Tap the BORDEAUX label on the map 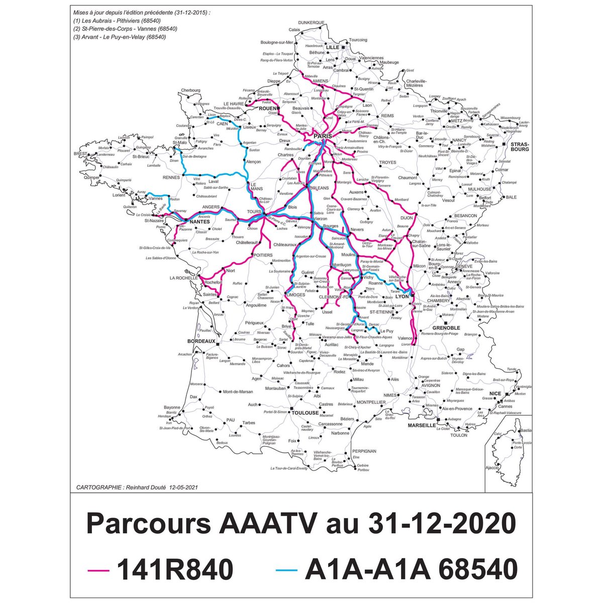[x=201, y=341]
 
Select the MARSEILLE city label [x=422, y=425]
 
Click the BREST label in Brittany [x=80, y=153]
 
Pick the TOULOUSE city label [x=306, y=413]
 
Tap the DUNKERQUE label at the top [x=312, y=23]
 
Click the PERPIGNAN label [x=364, y=451]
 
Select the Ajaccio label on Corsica [x=492, y=468]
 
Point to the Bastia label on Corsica [x=526, y=431]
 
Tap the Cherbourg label [x=190, y=90]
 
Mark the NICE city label [x=495, y=393]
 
